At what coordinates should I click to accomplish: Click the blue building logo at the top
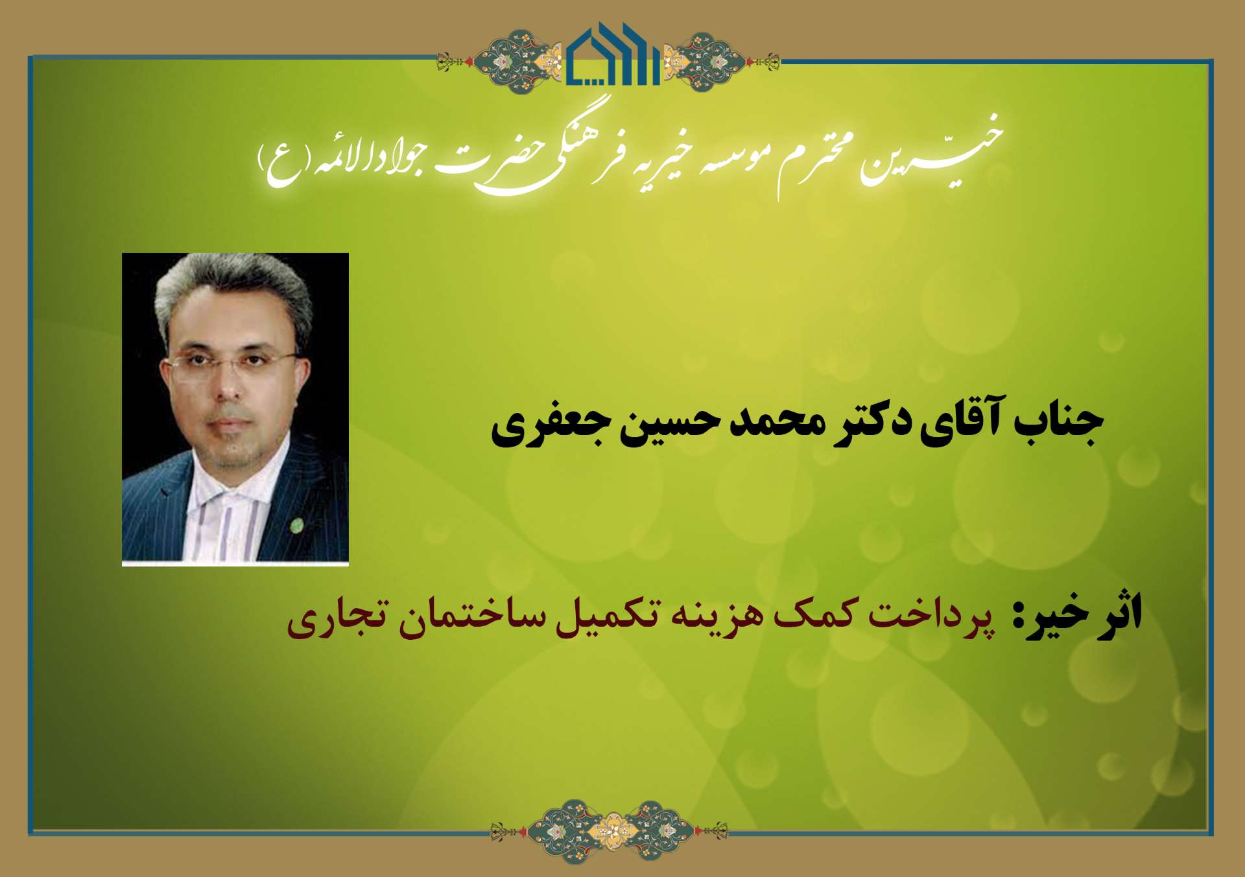point(613,55)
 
